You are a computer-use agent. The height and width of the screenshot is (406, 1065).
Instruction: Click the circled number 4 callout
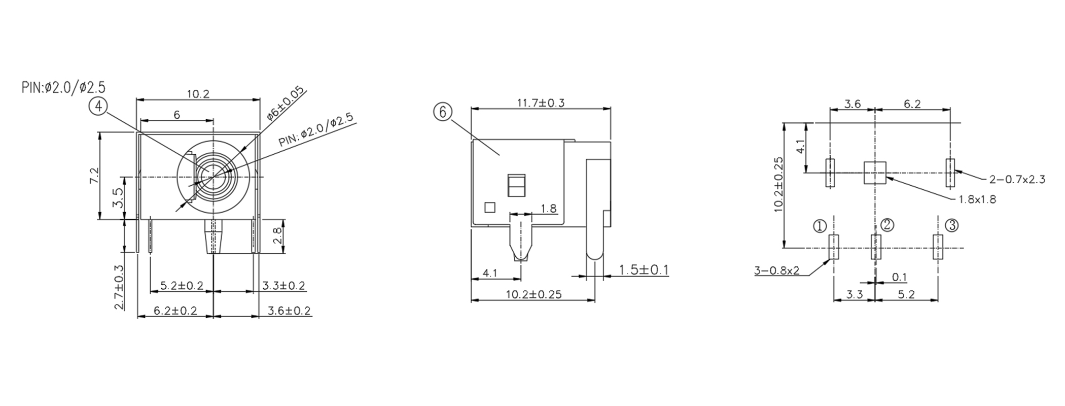click(98, 106)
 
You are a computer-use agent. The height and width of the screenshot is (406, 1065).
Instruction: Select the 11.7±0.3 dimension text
click(541, 103)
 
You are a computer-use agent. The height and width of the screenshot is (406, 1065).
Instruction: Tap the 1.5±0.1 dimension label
click(643, 270)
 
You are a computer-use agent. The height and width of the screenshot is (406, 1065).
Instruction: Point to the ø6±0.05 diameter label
click(285, 103)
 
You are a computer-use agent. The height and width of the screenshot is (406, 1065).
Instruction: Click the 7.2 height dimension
click(94, 176)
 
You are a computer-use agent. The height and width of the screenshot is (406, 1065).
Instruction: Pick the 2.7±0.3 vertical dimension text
click(119, 287)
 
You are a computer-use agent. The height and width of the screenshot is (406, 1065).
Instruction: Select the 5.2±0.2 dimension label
click(182, 286)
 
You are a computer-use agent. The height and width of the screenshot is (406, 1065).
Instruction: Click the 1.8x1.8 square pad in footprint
click(875, 173)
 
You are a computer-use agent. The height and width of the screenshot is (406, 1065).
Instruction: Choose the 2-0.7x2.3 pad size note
click(1017, 179)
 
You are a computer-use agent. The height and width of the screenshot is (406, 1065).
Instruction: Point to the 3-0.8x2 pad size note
click(776, 270)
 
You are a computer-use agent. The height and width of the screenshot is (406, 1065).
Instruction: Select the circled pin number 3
click(951, 225)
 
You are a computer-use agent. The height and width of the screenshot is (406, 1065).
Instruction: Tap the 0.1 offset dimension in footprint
click(899, 277)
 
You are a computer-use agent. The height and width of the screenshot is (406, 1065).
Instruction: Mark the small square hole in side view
click(490, 207)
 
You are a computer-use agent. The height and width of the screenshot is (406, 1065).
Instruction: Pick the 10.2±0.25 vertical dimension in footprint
click(779, 184)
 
